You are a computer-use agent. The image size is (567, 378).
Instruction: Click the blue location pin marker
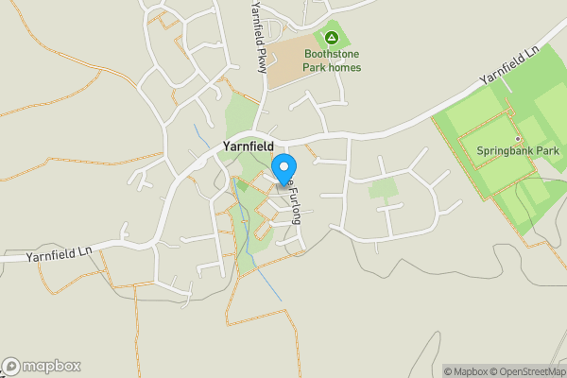[283, 171]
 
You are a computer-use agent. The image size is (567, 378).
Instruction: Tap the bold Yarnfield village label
[248, 146]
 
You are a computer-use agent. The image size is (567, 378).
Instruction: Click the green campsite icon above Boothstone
[332, 38]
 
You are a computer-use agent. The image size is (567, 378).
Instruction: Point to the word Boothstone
[332, 54]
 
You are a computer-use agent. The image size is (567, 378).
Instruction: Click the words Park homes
[332, 67]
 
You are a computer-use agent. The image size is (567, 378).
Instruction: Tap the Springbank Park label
[518, 150]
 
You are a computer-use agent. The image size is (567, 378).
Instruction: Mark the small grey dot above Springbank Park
[518, 137]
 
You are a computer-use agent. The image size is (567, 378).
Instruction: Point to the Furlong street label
[295, 203]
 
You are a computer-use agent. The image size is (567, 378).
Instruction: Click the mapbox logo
[42, 366]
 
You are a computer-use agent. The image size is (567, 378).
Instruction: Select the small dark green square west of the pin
[242, 185]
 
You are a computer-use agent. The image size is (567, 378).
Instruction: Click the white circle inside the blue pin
[283, 167]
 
